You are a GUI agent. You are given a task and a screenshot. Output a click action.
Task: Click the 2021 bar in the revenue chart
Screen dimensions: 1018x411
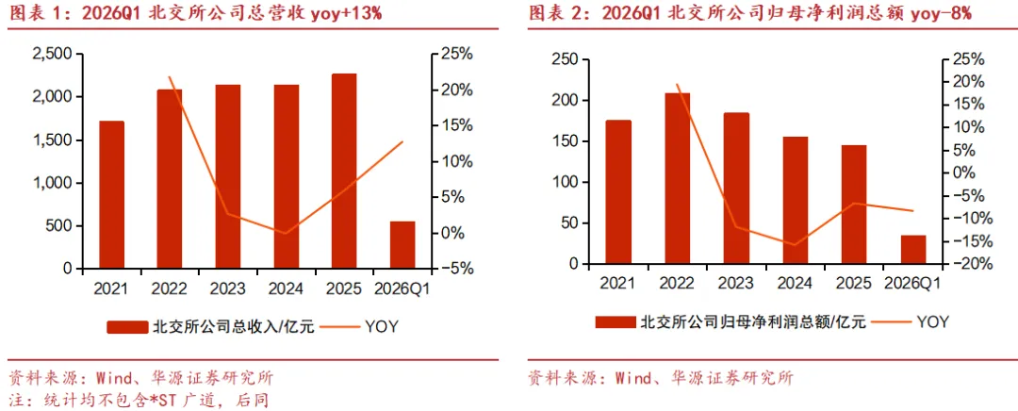click(111, 195)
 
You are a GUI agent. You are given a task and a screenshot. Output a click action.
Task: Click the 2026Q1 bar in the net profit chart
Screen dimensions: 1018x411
click(912, 250)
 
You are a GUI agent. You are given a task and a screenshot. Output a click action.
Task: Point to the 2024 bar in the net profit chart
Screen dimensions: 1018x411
click(796, 201)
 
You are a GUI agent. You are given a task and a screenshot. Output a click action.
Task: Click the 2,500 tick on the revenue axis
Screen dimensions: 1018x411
click(53, 55)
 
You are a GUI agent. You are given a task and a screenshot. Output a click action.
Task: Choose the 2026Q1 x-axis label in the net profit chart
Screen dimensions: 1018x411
click(912, 283)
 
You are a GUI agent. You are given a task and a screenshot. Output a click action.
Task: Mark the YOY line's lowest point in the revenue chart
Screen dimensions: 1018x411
click(285, 233)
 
